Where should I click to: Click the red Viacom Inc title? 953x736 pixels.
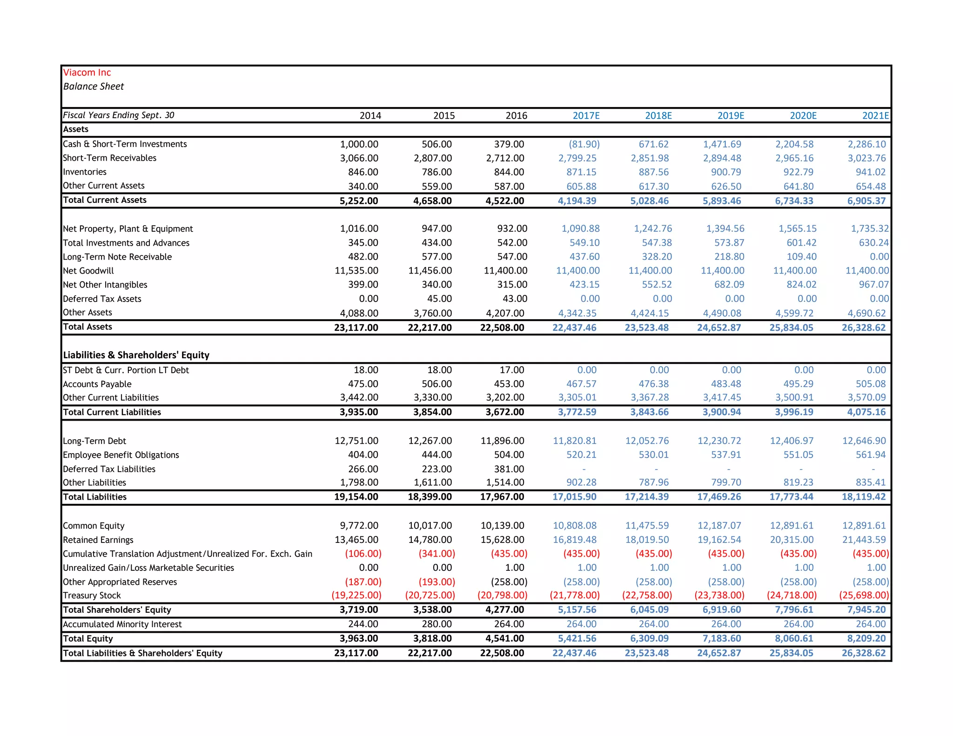coord(87,73)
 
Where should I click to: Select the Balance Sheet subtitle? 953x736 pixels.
coord(94,87)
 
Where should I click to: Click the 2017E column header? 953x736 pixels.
coord(586,115)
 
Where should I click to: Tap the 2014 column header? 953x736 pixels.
coord(370,115)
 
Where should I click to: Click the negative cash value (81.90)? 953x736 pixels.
coord(584,144)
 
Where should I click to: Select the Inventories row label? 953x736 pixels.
coord(85,172)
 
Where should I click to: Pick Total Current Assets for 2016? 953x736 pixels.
coord(504,201)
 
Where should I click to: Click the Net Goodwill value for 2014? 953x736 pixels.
coord(356,271)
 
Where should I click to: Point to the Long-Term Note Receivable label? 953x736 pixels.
coord(117,257)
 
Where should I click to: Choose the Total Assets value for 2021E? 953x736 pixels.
coord(863,328)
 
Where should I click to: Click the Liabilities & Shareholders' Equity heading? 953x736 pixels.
coord(136,355)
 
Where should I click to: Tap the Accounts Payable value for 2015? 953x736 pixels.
coord(436,384)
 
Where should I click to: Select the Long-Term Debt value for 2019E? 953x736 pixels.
coord(719,441)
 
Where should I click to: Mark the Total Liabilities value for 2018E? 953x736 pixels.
coord(646,497)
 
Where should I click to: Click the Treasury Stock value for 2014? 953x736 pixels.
coord(356,595)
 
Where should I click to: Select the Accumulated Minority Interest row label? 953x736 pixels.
coord(122,624)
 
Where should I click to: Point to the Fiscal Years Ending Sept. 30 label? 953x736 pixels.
coord(119,115)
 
